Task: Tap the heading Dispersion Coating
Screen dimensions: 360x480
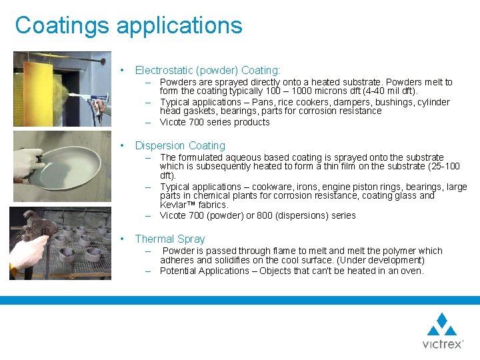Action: click(180, 145)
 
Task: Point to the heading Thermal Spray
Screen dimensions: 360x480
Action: click(170, 239)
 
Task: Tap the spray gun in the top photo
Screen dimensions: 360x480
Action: click(100, 107)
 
